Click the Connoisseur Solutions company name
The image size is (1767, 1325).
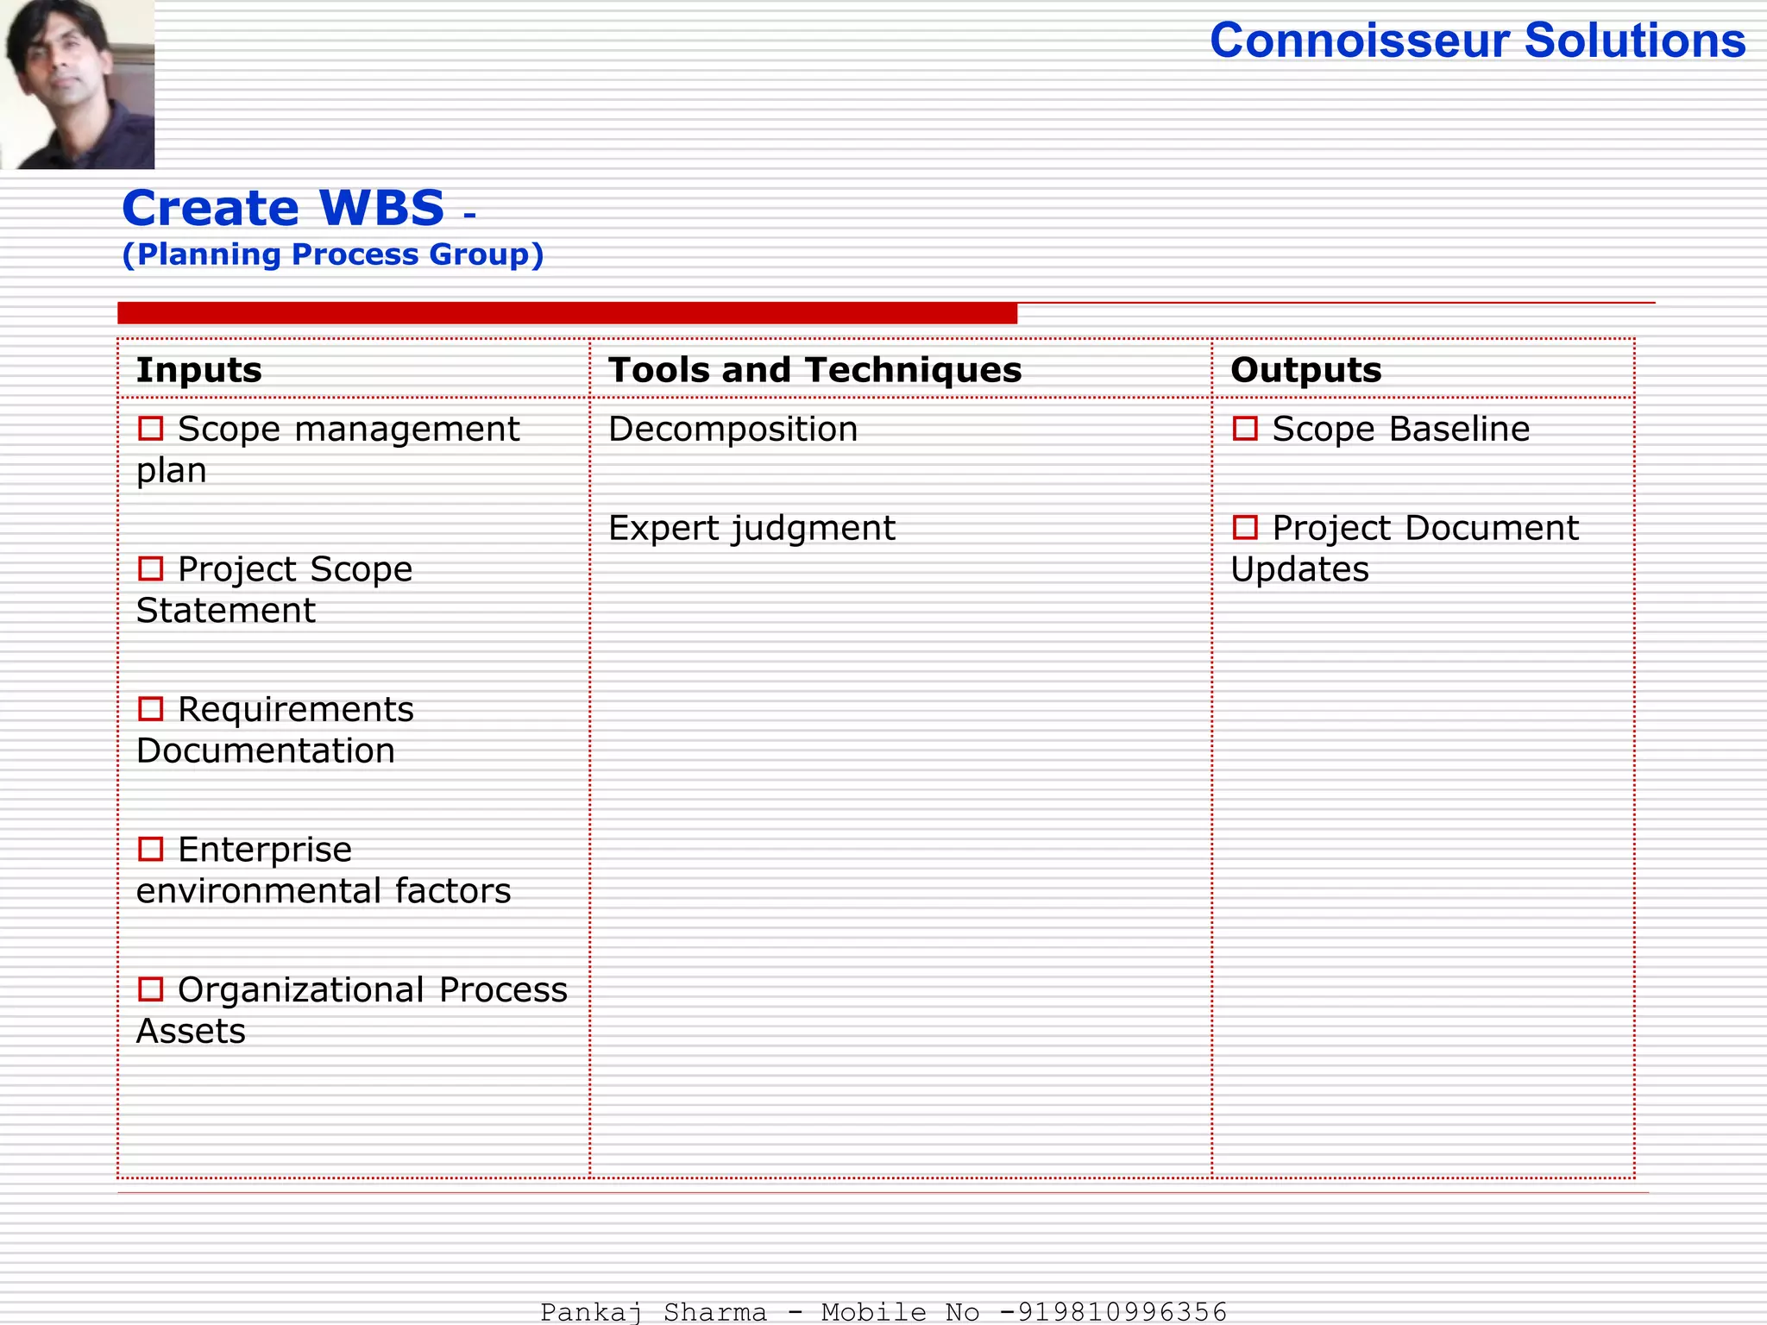tap(1477, 41)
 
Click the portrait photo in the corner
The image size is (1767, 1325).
tap(78, 84)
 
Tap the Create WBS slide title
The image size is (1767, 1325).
tap(283, 208)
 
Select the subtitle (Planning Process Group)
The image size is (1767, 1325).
tap(333, 254)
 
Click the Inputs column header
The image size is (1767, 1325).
tap(199, 370)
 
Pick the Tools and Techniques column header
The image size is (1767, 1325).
tap(814, 370)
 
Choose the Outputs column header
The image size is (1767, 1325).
tap(1305, 370)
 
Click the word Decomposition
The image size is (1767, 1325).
tap(733, 429)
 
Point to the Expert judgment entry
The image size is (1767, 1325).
tap(751, 528)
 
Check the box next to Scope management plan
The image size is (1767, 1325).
tap(151, 428)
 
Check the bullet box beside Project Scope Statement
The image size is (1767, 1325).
tap(151, 568)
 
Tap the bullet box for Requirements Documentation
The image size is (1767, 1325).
tap(151, 709)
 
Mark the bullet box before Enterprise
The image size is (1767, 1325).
tap(151, 849)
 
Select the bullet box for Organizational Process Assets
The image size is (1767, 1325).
tap(151, 989)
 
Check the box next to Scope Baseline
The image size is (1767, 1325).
tap(1245, 428)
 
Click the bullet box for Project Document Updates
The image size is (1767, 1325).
tap(1245, 527)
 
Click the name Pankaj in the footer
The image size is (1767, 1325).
tap(591, 1312)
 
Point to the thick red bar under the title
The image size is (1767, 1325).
tap(567, 313)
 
